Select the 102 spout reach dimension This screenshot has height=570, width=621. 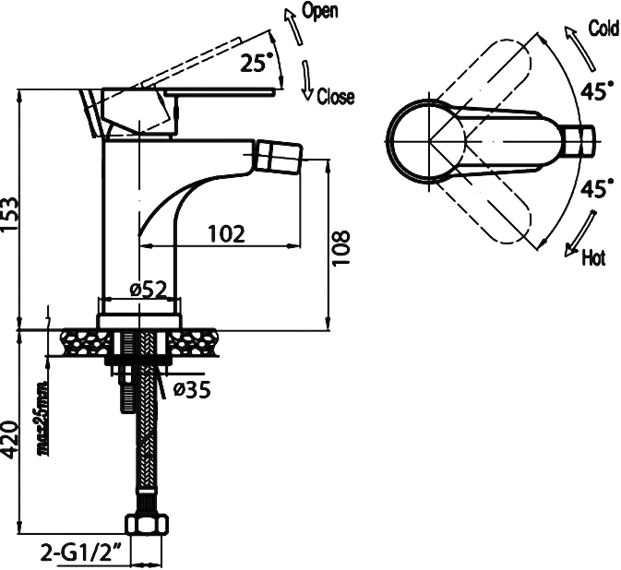pos(225,233)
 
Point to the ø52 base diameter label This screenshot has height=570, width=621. pos(148,290)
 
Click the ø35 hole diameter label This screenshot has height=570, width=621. pos(192,389)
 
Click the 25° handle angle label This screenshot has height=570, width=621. pos(257,64)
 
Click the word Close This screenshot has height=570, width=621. pos(335,97)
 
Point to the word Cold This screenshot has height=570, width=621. pos(603,29)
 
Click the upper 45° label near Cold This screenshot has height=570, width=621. pos(596,90)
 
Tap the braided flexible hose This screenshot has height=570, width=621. pos(145,443)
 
